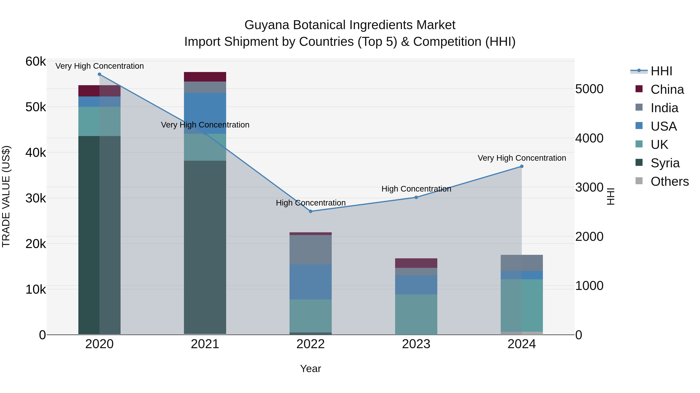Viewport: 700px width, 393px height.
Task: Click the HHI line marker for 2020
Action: click(99, 74)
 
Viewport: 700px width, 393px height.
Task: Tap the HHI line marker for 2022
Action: click(311, 211)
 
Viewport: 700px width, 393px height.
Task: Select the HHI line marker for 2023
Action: click(416, 197)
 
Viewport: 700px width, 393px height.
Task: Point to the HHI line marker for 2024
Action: click(522, 167)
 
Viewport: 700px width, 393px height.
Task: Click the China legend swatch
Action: click(639, 89)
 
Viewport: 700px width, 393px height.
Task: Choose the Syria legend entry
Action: click(665, 163)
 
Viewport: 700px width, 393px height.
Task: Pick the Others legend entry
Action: click(669, 181)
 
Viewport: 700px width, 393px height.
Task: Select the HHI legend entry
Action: click(661, 71)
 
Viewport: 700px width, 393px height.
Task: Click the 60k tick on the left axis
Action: click(36, 62)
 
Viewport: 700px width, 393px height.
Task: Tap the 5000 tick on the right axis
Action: click(589, 89)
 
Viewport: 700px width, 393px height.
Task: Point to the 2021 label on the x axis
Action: click(205, 344)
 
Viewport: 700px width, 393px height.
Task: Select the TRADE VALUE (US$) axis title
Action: click(6, 197)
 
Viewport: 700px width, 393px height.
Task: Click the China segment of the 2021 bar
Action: click(205, 77)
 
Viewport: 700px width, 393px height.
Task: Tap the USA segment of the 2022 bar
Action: click(311, 282)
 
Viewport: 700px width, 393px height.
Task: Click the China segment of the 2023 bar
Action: click(416, 263)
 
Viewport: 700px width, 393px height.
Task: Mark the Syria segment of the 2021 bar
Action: click(205, 247)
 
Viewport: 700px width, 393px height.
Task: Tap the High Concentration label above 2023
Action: click(416, 189)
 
